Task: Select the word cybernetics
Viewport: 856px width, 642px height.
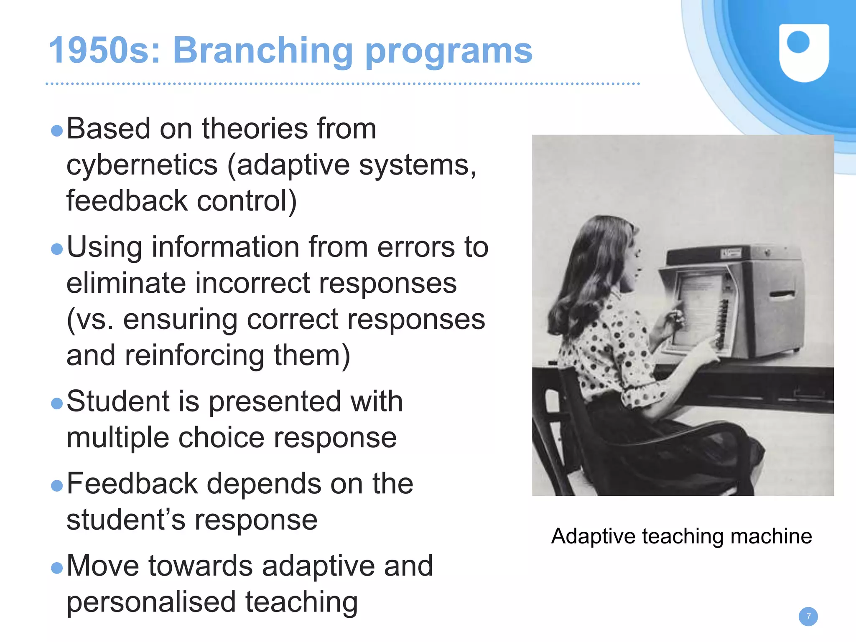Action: tap(142, 165)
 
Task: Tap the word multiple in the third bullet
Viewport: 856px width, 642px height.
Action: tap(118, 438)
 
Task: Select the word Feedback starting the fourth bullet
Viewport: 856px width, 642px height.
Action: tap(132, 484)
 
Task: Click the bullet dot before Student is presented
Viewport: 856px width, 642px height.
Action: tap(56, 403)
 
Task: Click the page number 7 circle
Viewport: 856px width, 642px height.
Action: tap(808, 617)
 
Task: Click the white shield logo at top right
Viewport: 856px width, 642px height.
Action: tap(804, 52)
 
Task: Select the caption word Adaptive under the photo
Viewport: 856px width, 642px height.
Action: tap(593, 536)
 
